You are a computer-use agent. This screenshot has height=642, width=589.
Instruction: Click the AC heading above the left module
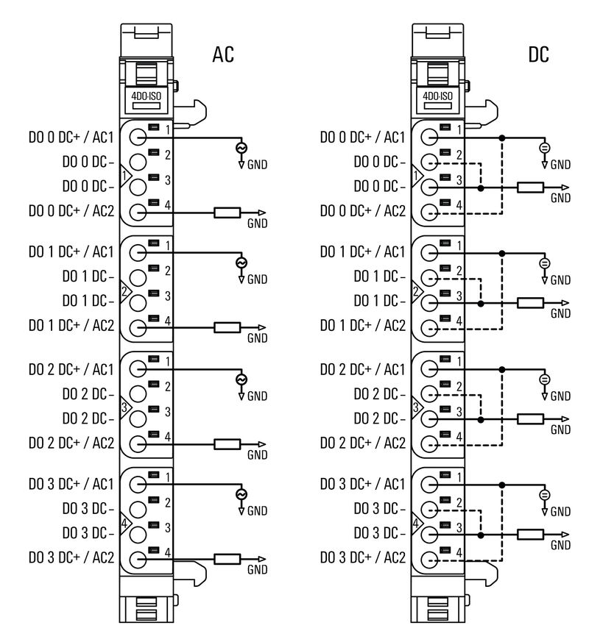tap(223, 54)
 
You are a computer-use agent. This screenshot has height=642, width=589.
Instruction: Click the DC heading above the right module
tap(539, 54)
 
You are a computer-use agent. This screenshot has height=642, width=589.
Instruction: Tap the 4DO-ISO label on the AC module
tap(146, 96)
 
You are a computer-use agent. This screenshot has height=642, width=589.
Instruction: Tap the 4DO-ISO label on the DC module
tap(437, 96)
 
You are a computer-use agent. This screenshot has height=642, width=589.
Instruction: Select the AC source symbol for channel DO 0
tap(241, 148)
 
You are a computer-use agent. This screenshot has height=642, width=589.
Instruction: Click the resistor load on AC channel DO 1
tap(227, 328)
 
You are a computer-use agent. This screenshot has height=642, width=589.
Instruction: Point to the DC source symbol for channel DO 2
tap(545, 379)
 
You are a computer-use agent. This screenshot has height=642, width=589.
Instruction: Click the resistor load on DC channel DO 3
tap(530, 535)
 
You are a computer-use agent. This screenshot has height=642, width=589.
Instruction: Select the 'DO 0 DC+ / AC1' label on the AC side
tap(71, 137)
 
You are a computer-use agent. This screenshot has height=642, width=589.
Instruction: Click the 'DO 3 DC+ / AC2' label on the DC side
tap(362, 557)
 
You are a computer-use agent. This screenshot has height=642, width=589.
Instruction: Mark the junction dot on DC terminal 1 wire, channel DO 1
tap(501, 253)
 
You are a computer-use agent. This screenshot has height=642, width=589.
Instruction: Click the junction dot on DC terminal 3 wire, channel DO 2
tap(480, 420)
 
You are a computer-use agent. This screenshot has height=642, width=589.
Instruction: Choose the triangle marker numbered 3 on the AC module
tap(125, 407)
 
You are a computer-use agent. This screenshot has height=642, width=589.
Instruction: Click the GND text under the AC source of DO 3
tap(257, 510)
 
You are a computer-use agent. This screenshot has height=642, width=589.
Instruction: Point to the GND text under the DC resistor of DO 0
tap(560, 198)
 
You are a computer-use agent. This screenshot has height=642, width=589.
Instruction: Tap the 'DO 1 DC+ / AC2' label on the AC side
tap(71, 324)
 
